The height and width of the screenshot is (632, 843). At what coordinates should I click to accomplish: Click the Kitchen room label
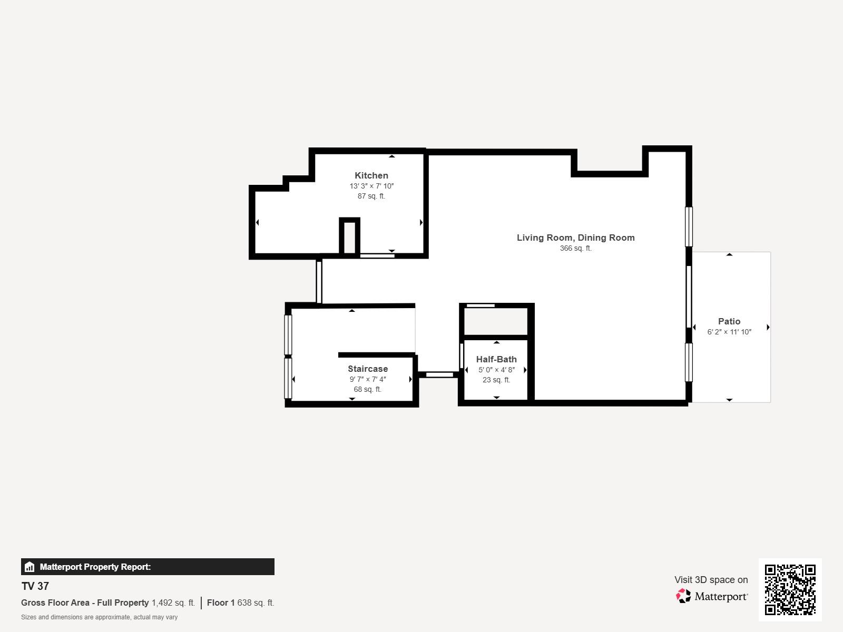coord(371,175)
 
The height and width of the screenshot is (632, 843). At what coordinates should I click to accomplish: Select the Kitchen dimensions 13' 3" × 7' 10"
coord(371,186)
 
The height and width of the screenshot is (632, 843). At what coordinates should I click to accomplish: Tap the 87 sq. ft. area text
coord(371,196)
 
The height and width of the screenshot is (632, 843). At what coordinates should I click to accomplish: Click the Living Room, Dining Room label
coord(575,238)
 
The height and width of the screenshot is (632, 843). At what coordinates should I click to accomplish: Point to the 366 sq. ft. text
coord(575,248)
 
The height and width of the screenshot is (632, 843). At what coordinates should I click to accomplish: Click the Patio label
coord(729,321)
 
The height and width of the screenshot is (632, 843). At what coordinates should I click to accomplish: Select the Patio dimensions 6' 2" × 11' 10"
coord(729,332)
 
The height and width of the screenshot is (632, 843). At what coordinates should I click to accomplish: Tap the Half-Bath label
coord(496,359)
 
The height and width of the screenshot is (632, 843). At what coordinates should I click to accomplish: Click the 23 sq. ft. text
coord(496,380)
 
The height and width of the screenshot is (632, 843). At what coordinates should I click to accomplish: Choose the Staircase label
coord(368,369)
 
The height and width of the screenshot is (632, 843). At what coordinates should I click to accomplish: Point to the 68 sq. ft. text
coord(367,390)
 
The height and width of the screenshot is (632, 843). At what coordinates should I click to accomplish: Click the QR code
coord(790,589)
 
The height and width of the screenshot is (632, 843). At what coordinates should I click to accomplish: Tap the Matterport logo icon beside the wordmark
coord(683,596)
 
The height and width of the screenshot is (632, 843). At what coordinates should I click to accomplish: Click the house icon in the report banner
coord(30,567)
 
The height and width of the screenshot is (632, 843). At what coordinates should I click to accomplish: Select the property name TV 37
coord(35,586)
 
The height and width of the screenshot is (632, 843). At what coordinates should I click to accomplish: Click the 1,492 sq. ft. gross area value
coord(173,603)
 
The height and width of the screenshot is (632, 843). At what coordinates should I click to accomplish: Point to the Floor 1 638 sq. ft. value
coord(240,603)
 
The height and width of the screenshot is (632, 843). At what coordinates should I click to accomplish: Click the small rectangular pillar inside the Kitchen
coord(349,236)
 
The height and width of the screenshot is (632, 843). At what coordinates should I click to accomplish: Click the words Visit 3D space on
coord(711,580)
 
